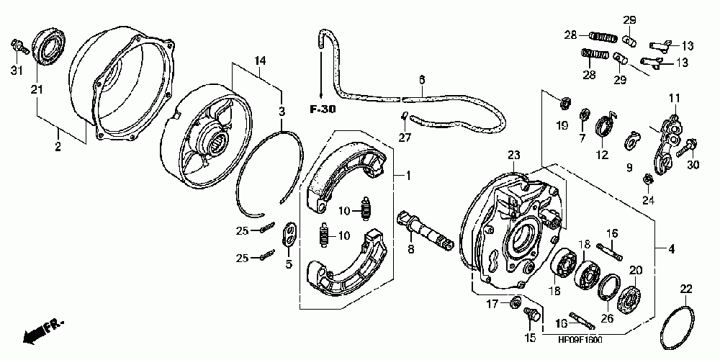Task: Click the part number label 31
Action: pos(15,69)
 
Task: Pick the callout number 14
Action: pos(259,60)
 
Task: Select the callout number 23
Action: pos(513,155)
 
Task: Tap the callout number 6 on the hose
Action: pos(422,79)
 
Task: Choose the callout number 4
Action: pos(671,250)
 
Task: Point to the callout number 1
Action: pos(408,175)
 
